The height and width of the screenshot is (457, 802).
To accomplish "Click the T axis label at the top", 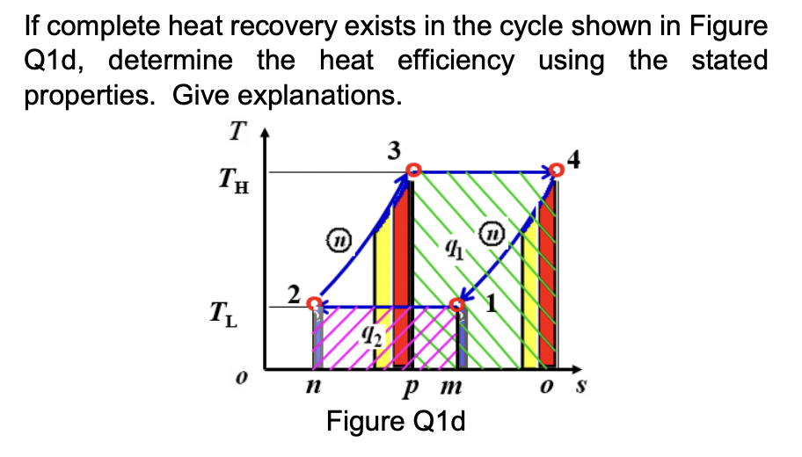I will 236,131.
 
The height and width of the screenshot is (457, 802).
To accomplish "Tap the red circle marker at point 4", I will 555,170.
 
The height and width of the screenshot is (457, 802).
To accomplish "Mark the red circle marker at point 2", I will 315,303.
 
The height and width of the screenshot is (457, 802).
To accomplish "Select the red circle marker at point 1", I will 457,305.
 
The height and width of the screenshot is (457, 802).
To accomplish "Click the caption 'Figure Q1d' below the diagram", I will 396,422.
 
